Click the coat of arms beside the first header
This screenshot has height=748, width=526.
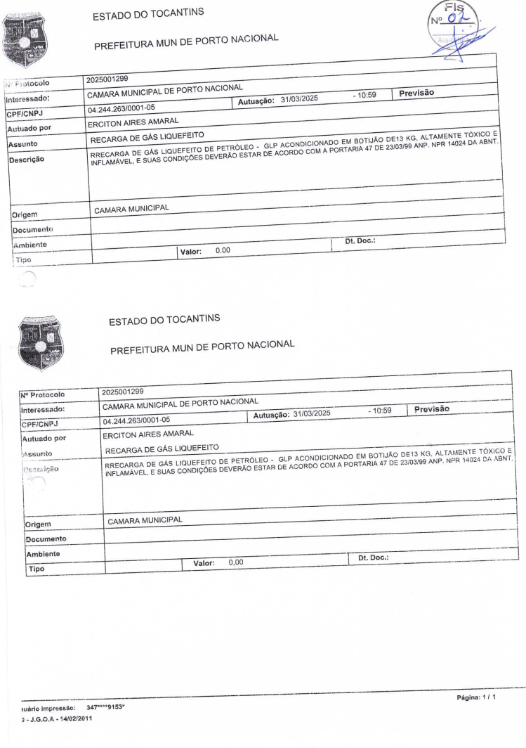click(25, 37)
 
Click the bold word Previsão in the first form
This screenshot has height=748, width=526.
click(417, 93)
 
